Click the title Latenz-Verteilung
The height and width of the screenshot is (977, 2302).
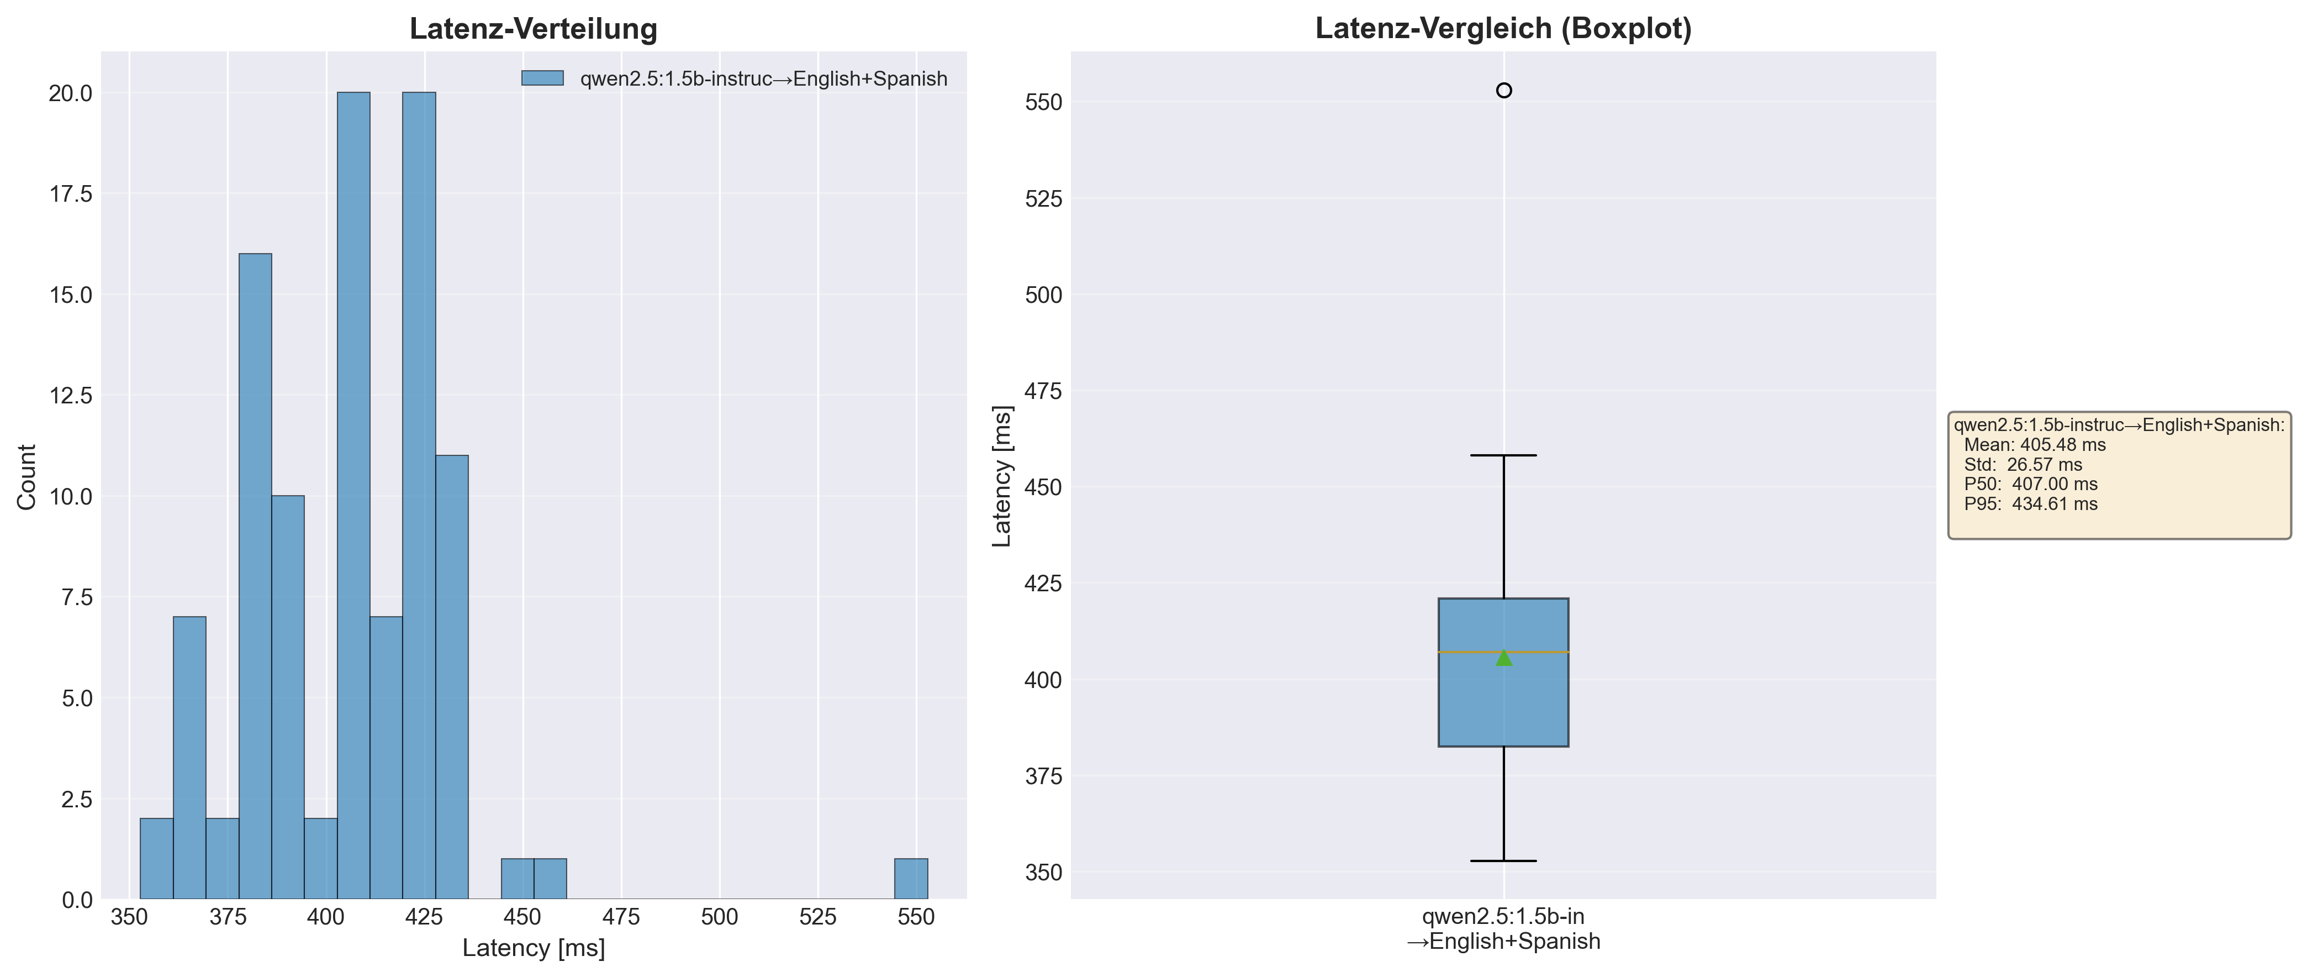tap(534, 29)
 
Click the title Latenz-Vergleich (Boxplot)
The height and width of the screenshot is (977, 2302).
tap(1503, 29)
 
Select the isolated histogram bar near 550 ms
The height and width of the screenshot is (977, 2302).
tap(911, 879)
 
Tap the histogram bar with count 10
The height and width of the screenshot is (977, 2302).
tap(288, 697)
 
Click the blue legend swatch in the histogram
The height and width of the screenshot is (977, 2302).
tap(542, 78)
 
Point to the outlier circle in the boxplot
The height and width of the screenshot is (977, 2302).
tap(1504, 90)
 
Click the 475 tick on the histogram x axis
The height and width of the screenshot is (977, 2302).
tap(621, 917)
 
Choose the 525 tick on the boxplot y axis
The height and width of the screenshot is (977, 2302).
tap(1044, 198)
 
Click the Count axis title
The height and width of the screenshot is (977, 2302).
tap(27, 477)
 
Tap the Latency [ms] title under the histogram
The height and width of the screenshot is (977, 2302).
tap(534, 948)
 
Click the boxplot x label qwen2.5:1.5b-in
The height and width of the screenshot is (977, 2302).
tap(1503, 916)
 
